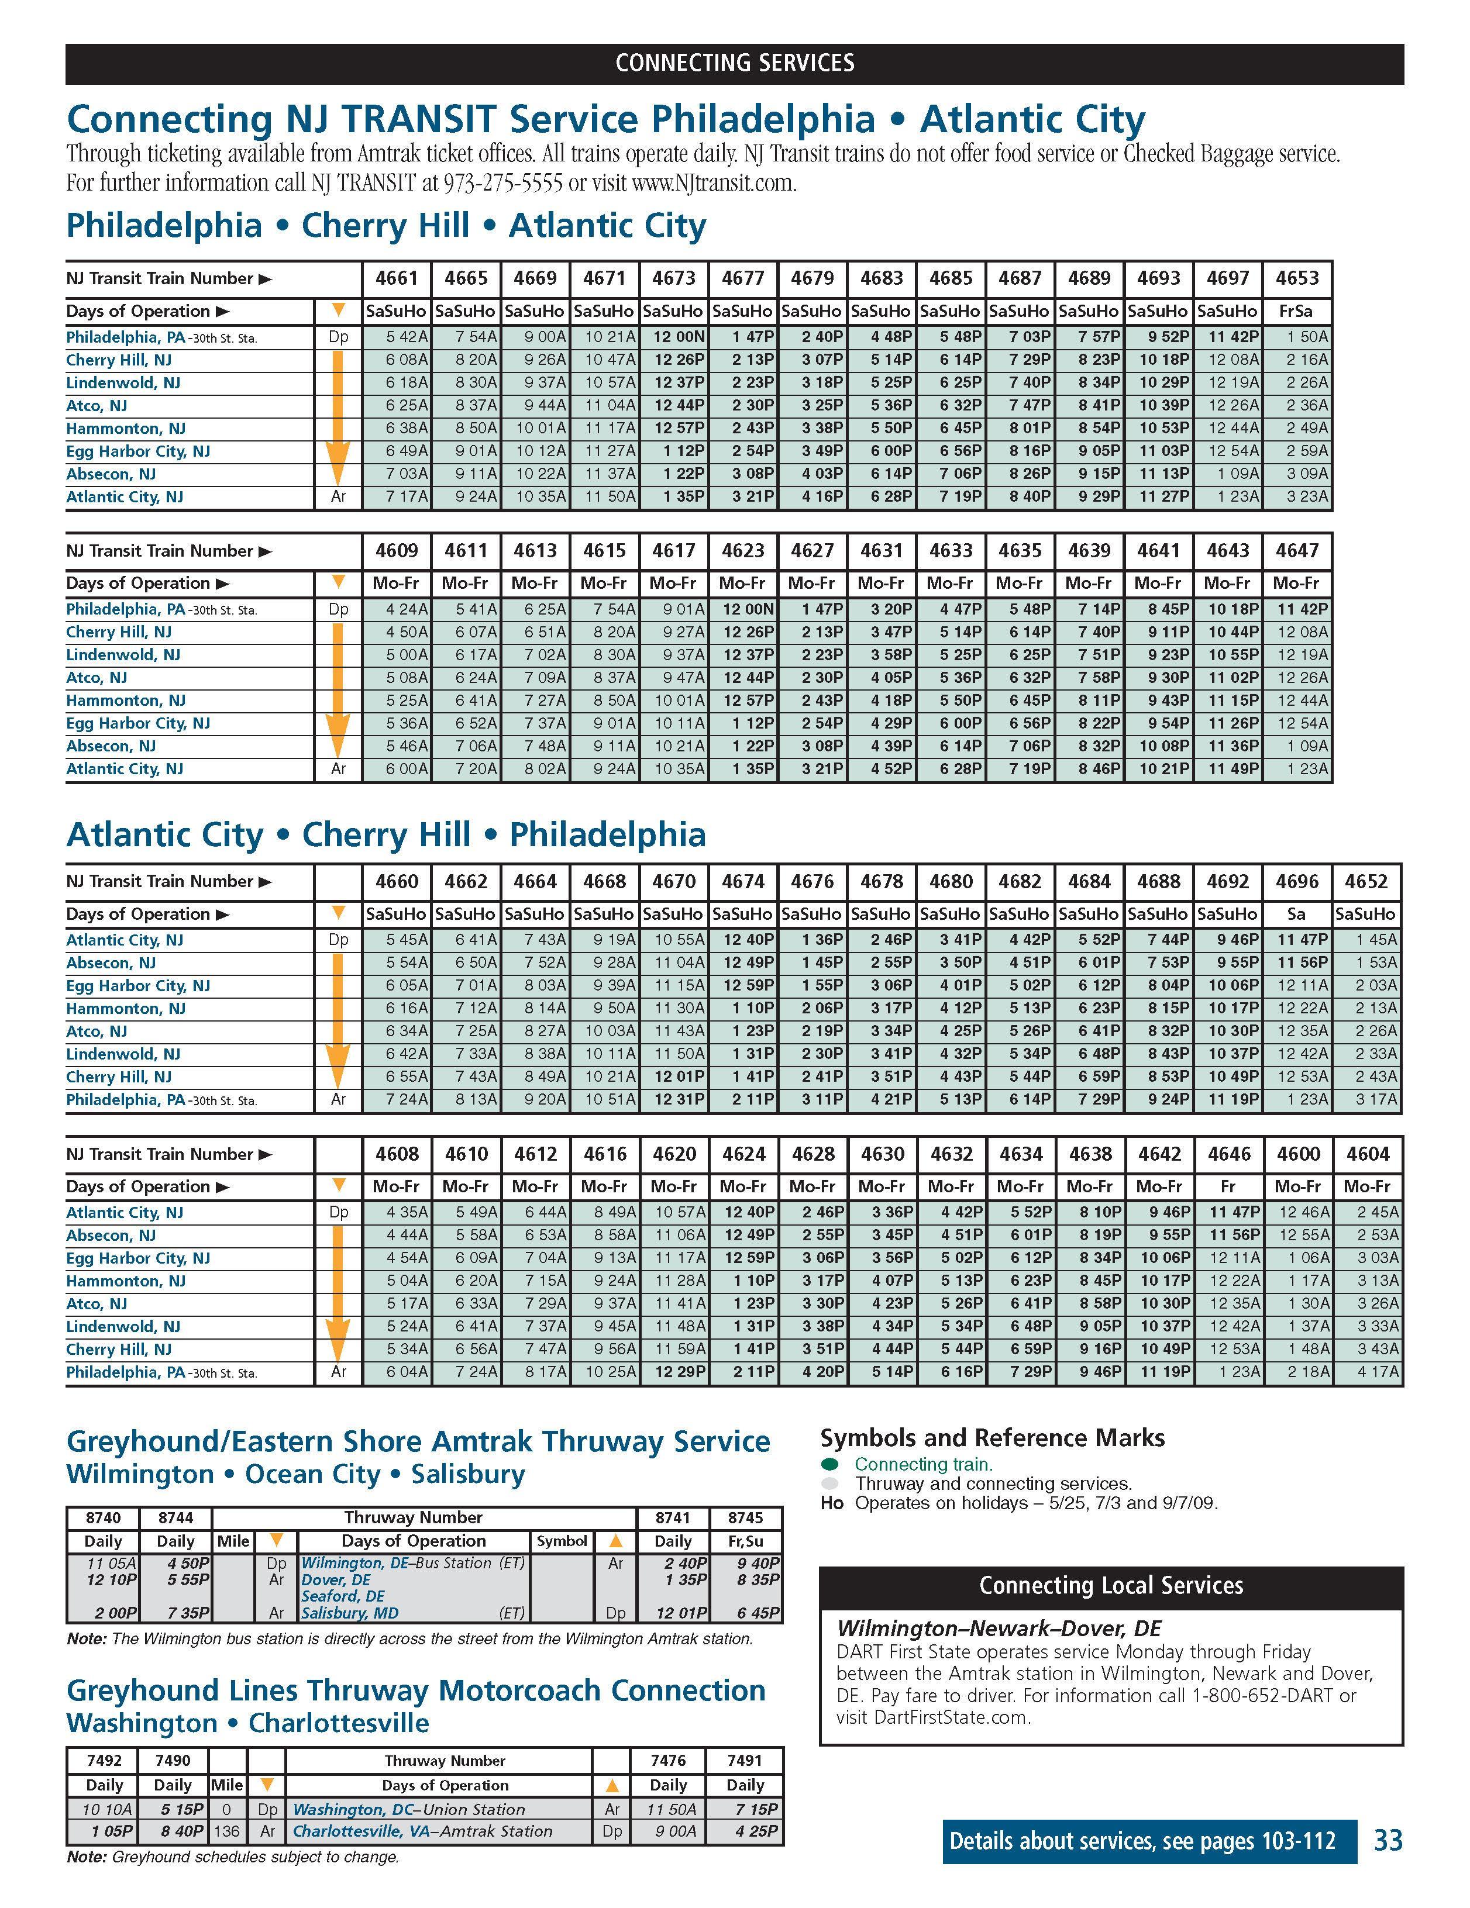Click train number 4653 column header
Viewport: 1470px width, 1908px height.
coord(1297,279)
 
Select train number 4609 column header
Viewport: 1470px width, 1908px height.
coord(397,551)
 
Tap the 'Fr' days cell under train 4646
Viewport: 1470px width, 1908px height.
coord(1228,1187)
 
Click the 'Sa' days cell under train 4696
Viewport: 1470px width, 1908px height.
coord(1297,915)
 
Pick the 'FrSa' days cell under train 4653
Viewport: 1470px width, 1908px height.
coord(1297,312)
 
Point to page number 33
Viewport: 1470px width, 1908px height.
coord(1388,1841)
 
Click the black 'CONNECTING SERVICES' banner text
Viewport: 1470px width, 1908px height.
coord(734,63)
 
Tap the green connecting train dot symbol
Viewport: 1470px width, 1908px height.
coord(830,1464)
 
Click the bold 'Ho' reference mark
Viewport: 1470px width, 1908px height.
coord(832,1503)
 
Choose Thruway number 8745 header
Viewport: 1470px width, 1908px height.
coord(745,1519)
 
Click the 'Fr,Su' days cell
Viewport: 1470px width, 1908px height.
coord(745,1542)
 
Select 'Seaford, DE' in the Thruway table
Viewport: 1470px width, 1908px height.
coord(343,1596)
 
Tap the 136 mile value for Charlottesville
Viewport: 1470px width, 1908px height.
coord(226,1832)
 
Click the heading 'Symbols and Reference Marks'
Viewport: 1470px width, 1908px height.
coord(992,1438)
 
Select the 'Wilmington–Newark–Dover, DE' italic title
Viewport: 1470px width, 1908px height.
coord(999,1628)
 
